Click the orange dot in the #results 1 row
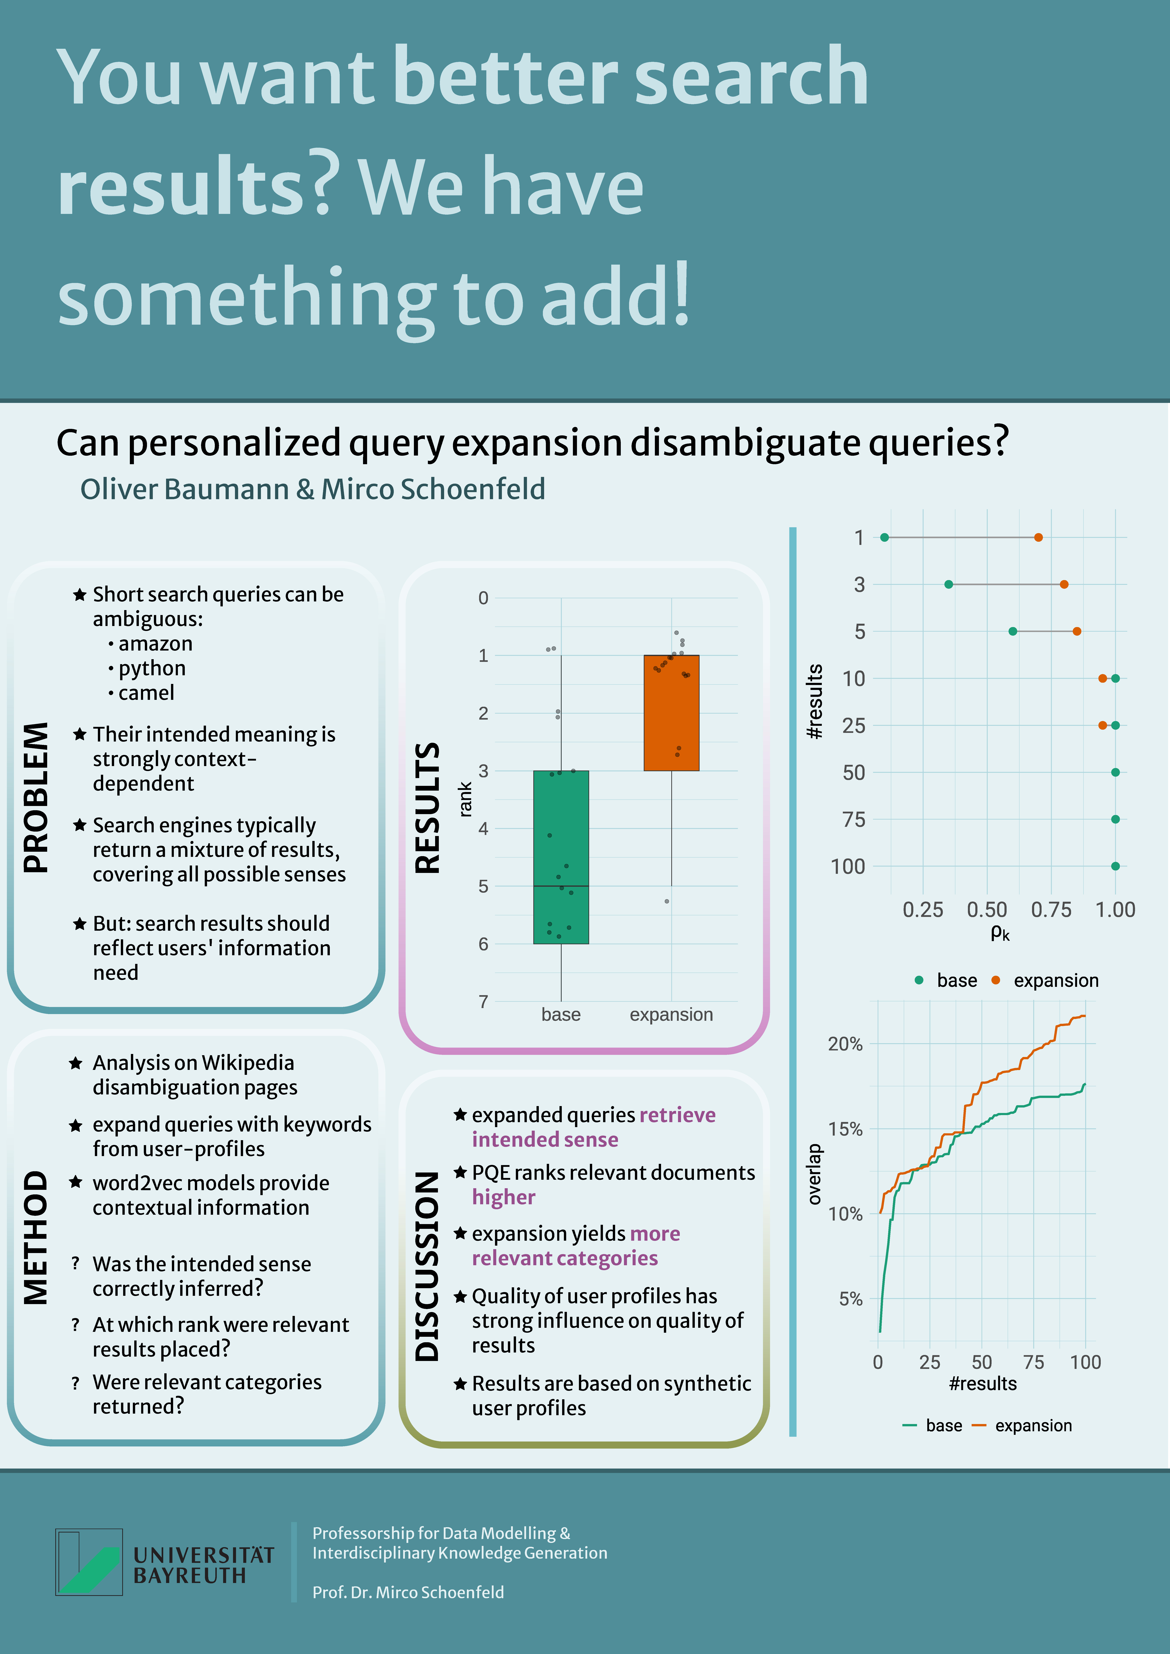pos(1038,537)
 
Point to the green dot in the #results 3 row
pos(949,584)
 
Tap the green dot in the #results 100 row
pos(1115,866)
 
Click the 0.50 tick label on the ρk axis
pos(987,910)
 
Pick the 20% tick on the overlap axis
pos(845,1044)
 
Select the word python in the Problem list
pos(152,669)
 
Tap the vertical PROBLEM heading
pos(36,798)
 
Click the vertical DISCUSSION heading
pos(427,1266)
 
